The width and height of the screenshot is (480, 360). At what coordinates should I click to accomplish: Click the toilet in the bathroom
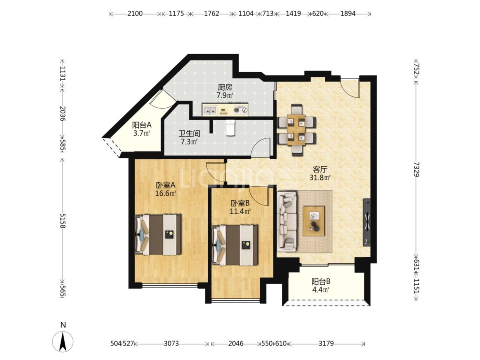tap(230, 128)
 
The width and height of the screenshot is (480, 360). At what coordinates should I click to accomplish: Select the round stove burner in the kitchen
tap(237, 110)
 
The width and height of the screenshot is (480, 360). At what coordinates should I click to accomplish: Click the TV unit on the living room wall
tap(367, 222)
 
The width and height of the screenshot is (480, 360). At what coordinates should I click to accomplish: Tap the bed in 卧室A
tap(158, 234)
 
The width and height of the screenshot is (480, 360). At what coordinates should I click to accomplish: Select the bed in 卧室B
tap(235, 245)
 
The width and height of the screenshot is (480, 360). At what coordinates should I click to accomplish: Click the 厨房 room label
tap(225, 88)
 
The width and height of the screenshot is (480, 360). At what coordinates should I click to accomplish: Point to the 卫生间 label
tap(189, 133)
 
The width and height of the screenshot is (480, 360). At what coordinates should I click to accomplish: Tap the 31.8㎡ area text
tap(320, 178)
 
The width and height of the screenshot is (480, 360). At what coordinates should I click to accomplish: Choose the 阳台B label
tap(321, 282)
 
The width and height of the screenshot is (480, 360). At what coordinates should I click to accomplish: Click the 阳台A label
tap(142, 125)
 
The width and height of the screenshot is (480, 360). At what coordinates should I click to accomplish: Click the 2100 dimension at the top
tap(135, 14)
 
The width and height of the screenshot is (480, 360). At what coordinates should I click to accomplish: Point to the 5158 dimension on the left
tap(63, 221)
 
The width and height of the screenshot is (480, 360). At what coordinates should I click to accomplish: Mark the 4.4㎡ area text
tap(320, 290)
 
